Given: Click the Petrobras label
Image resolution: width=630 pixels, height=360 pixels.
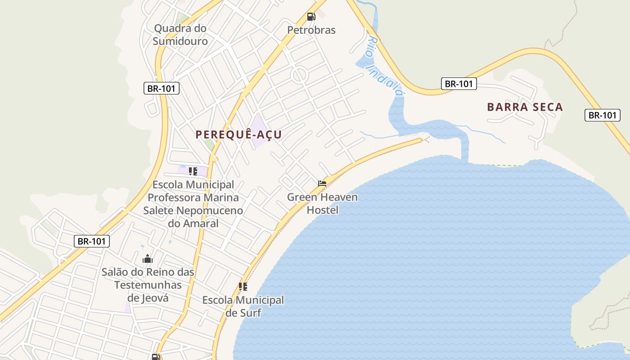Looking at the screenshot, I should [311, 30].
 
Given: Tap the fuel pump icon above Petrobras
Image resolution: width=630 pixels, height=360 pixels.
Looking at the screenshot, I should [311, 17].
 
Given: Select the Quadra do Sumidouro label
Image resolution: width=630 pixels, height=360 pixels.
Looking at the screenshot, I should [180, 35].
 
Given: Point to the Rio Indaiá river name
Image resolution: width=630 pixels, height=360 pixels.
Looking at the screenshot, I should [385, 66].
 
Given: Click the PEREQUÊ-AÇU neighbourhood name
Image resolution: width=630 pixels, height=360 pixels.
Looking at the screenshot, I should [238, 135].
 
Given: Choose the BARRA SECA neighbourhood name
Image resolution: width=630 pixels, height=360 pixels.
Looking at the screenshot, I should [525, 107].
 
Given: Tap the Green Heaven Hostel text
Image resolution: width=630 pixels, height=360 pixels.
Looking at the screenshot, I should [322, 203].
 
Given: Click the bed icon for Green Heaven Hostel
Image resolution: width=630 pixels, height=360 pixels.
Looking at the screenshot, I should [322, 183].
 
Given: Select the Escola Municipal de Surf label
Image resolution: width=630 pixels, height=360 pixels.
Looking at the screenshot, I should [243, 306].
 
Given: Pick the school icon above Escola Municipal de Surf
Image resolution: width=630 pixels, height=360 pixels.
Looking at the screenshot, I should [243, 286].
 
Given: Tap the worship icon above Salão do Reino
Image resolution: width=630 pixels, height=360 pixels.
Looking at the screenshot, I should [148, 259].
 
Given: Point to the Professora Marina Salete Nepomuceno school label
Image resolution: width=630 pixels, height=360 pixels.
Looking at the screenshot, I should [193, 204].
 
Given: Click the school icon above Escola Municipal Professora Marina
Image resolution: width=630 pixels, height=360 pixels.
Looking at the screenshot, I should [193, 171].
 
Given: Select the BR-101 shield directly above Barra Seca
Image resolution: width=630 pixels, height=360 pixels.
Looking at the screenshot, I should [459, 83].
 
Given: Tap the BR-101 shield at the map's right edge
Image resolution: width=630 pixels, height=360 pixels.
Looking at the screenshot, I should [603, 115].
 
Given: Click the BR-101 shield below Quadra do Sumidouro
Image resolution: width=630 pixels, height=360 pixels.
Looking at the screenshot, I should [162, 88].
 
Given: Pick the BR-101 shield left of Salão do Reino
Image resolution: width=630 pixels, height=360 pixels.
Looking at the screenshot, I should [92, 241].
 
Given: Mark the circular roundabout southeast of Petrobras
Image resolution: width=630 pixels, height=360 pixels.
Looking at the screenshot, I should [299, 75].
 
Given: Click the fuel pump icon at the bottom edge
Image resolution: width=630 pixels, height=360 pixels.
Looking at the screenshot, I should [156, 357].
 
